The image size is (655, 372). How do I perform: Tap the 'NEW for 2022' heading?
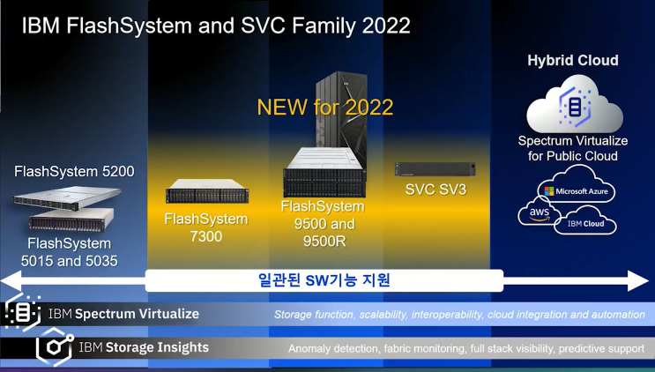(324, 108)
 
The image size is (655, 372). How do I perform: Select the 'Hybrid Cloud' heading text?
(572, 61)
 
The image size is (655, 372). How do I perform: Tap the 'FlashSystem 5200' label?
(74, 171)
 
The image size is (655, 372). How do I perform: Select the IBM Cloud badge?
(586, 222)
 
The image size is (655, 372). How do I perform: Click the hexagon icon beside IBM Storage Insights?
(55, 347)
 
